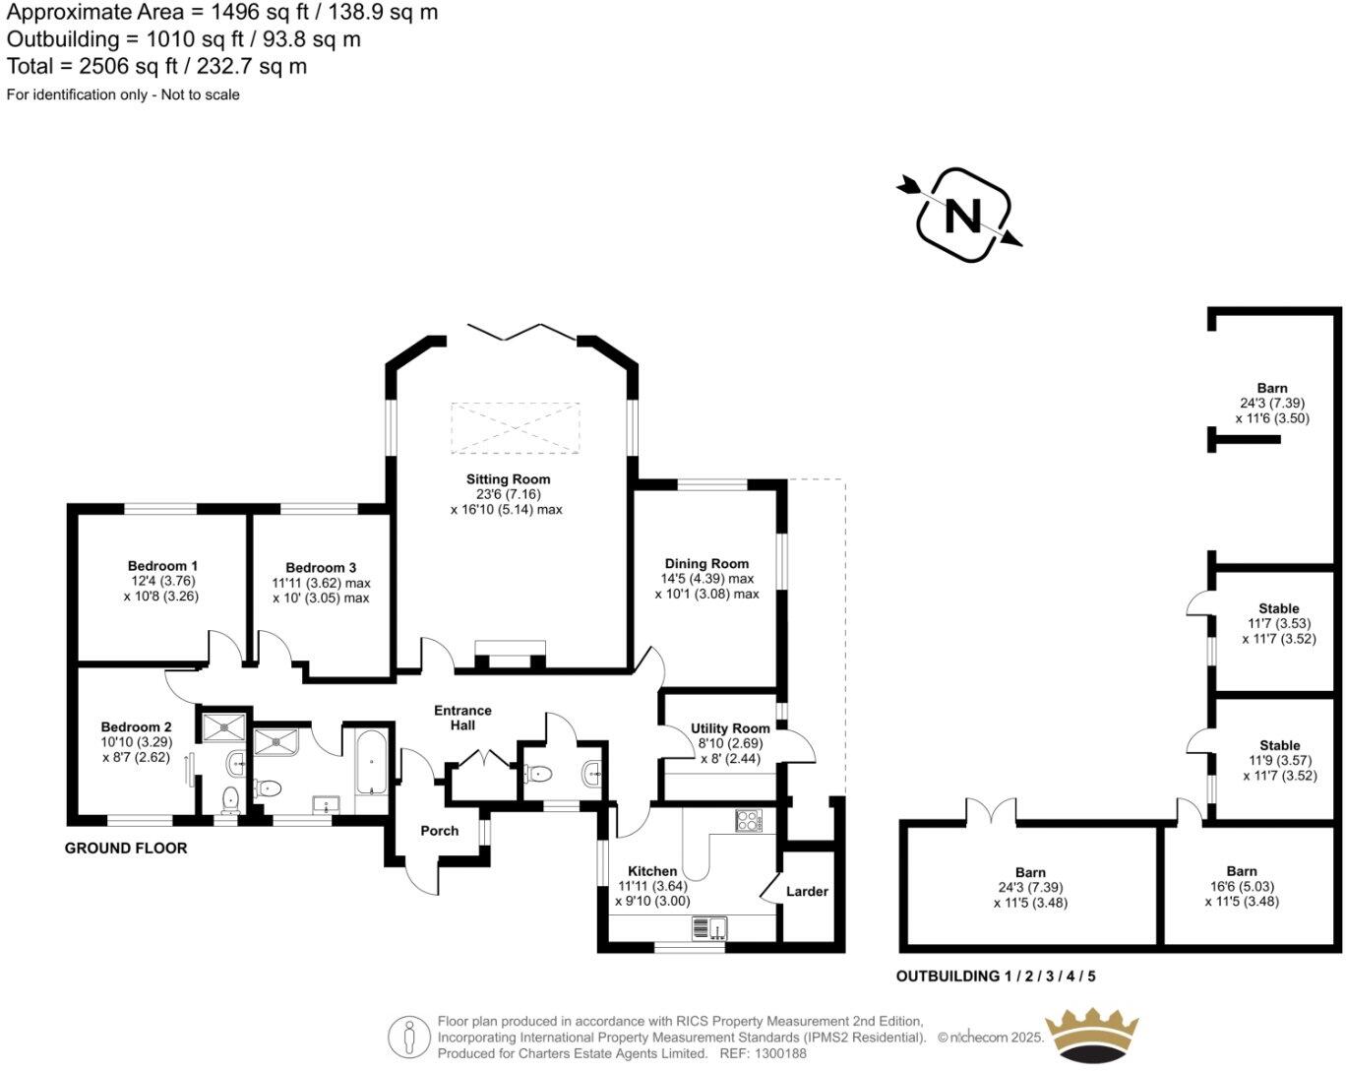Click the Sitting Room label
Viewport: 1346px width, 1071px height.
(x=508, y=479)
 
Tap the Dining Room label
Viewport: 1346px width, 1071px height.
(x=706, y=564)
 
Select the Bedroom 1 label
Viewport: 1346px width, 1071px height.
(x=162, y=566)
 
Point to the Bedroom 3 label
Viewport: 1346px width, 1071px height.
(x=321, y=568)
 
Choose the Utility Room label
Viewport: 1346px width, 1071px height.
(x=730, y=729)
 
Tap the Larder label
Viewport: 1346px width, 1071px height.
(x=807, y=892)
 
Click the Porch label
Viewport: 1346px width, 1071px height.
(x=439, y=831)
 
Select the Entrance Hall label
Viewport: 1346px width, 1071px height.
(x=462, y=718)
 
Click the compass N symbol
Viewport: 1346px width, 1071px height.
(x=962, y=215)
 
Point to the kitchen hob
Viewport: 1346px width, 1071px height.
(x=748, y=819)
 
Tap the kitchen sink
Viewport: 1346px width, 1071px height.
(x=707, y=928)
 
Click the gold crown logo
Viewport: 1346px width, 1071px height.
(x=1091, y=1036)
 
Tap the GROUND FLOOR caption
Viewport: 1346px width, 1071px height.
(x=126, y=849)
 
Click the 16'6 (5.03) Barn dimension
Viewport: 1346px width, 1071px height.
(x=1241, y=886)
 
